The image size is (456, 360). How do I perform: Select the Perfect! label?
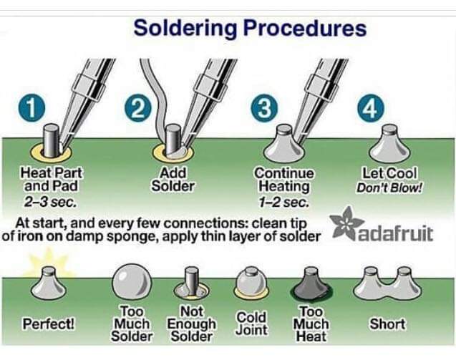(49, 324)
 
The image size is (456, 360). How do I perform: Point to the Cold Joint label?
(251, 323)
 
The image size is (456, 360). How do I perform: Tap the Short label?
(387, 324)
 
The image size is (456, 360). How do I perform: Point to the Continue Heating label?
(284, 180)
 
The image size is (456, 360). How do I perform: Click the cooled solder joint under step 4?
(389, 147)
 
